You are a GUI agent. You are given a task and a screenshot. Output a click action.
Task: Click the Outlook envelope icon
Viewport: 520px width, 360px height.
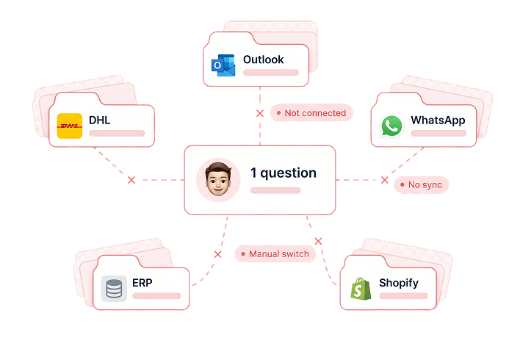(223, 65)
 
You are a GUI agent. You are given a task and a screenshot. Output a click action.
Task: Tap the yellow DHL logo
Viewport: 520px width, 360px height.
(70, 126)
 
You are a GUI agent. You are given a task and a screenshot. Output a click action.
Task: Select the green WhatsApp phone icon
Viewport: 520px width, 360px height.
(391, 126)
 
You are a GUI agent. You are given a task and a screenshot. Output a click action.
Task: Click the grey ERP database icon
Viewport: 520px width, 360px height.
(114, 288)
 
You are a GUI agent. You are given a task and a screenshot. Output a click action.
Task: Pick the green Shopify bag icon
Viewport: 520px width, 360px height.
(361, 289)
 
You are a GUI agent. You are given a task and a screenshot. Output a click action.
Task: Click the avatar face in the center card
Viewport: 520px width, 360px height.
(218, 179)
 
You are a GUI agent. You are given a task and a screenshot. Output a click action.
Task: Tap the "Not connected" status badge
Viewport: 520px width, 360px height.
(311, 113)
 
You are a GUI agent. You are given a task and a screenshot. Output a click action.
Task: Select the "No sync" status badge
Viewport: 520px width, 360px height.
(421, 184)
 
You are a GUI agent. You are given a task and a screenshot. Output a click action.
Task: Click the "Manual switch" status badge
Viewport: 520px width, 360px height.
(275, 253)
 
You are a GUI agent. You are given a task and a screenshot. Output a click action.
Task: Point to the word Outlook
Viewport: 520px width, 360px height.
(264, 60)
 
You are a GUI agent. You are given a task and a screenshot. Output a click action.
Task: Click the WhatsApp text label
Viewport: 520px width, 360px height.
(438, 120)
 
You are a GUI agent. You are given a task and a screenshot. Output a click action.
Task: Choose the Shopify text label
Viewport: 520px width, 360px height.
(399, 283)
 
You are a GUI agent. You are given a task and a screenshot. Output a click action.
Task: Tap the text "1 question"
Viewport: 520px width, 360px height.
(284, 173)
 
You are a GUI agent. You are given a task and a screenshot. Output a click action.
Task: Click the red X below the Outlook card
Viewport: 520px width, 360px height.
(260, 113)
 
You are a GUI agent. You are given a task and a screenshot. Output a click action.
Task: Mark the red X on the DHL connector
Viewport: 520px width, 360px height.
(131, 180)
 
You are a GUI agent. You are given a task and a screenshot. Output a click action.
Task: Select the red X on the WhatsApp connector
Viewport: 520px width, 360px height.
(384, 180)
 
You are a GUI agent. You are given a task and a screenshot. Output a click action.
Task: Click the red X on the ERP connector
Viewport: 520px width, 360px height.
(217, 254)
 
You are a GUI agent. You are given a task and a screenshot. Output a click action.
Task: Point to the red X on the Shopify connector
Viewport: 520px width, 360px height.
(318, 241)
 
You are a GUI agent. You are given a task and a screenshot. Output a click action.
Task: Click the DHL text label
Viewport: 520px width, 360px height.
(99, 120)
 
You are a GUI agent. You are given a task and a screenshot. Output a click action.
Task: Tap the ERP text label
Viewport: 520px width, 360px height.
(142, 283)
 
